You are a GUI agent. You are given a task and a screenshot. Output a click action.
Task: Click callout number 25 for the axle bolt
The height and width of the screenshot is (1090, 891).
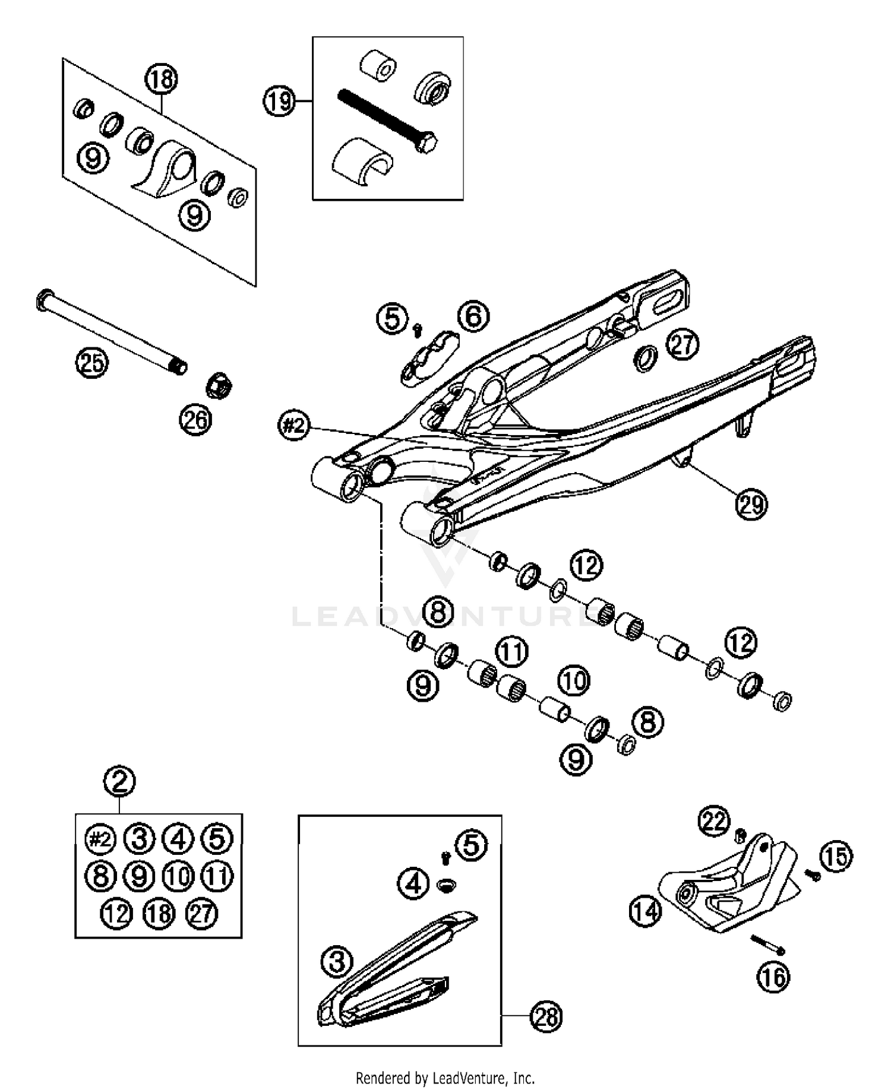pos(92,362)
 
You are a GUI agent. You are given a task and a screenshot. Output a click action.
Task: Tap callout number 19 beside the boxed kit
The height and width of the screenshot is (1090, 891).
pos(279,102)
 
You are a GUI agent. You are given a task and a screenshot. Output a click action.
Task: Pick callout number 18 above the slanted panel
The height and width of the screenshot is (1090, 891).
pos(162,79)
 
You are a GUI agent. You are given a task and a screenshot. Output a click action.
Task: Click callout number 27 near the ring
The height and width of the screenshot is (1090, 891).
pos(683,344)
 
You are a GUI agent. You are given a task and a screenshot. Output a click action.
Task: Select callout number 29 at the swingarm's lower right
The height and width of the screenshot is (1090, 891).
pos(751,504)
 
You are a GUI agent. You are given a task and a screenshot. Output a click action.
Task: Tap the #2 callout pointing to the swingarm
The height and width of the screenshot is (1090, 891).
pos(294,426)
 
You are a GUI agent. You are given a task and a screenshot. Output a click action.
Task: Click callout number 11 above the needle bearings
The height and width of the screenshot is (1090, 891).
pos(512,651)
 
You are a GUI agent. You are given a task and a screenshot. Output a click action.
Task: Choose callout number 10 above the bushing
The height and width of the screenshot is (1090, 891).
pos(573,681)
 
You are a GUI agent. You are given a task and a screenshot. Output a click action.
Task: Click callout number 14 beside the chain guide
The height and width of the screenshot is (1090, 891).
pos(645,910)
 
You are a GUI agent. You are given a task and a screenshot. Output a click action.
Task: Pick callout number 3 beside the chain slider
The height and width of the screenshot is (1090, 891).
pos(337,962)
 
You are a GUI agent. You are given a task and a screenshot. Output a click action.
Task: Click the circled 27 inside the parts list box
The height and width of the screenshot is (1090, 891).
pos(201,913)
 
